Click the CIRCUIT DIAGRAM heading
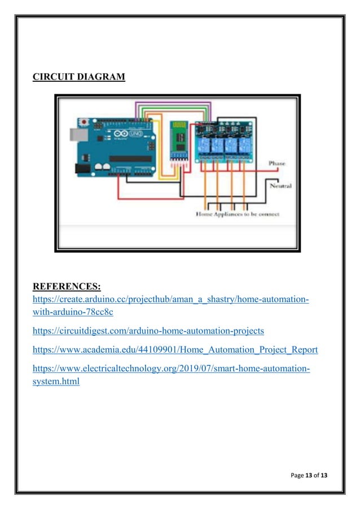point(79,76)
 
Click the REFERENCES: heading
point(67,287)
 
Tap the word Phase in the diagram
point(276,163)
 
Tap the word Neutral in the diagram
point(280,186)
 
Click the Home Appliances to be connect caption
point(237,214)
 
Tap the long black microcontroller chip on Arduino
point(130,159)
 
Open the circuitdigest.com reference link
point(148,331)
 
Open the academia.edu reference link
point(175,350)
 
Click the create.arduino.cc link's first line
point(170,299)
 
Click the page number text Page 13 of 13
point(309,476)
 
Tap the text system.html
point(56,381)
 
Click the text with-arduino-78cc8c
point(73,311)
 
